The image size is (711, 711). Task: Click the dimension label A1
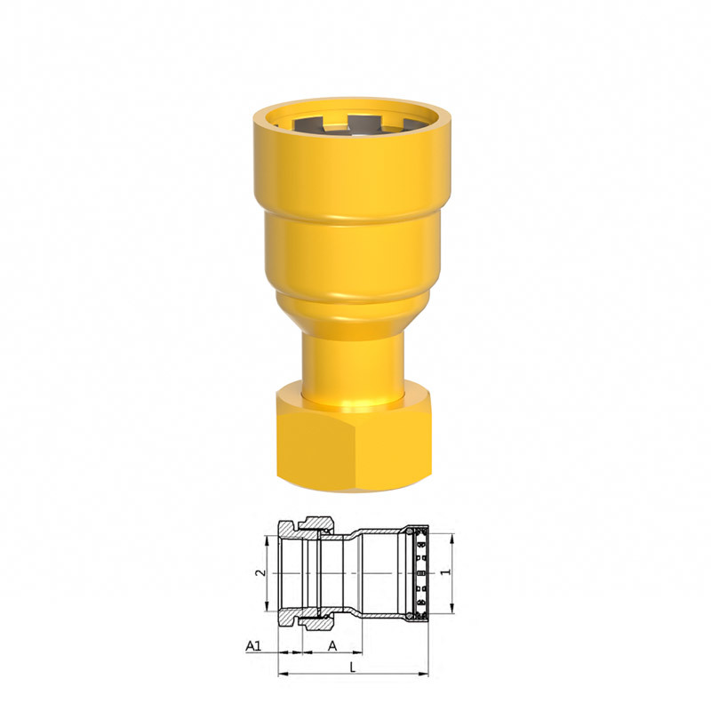tap(254, 645)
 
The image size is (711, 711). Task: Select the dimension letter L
tap(353, 667)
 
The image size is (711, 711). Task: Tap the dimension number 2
tap(260, 572)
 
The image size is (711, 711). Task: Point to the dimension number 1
tap(447, 572)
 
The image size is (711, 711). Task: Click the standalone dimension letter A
tap(332, 645)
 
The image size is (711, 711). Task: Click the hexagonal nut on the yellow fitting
tap(353, 441)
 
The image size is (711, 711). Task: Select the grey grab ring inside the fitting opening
tap(353, 126)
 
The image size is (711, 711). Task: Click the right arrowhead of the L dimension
tap(424, 675)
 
